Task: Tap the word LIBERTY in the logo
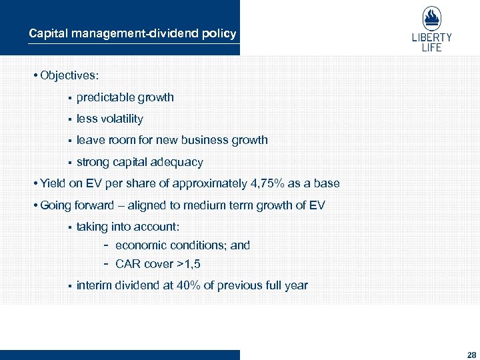pos(431,38)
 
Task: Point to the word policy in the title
pos(221,33)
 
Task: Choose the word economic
pos(139,245)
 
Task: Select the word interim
pos(93,285)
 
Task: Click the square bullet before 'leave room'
pos(69,141)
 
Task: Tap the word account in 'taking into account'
pos(157,227)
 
